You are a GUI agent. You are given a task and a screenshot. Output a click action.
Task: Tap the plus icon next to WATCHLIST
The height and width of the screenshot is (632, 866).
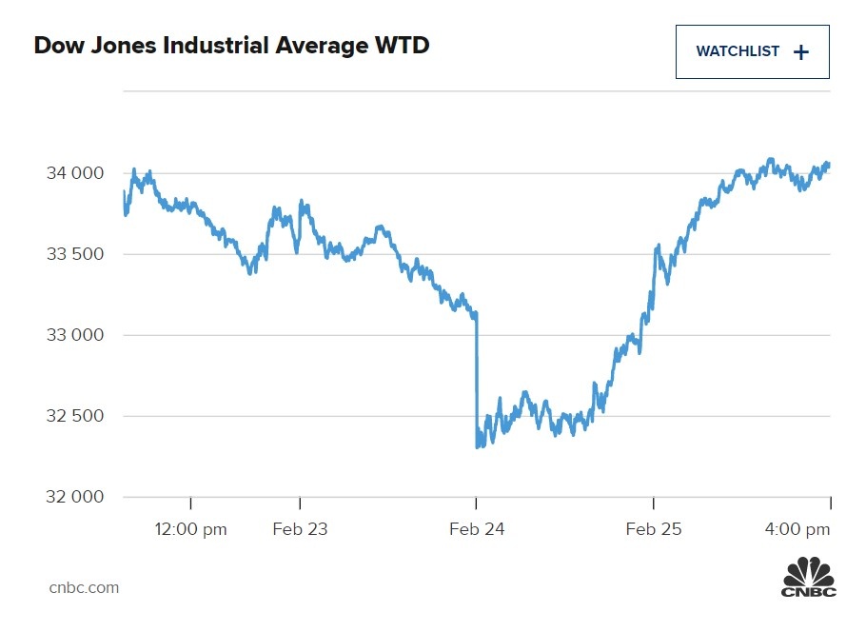(801, 52)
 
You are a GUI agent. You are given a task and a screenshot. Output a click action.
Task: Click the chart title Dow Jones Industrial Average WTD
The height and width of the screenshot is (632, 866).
(231, 45)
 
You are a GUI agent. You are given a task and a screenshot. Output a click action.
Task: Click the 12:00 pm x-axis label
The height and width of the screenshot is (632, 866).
(190, 529)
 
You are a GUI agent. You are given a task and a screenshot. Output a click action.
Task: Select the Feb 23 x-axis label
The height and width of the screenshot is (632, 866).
(300, 529)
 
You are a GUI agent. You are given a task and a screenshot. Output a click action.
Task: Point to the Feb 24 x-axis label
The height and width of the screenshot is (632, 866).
(477, 529)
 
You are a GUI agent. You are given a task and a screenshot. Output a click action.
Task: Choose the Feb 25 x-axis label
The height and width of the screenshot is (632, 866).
(654, 529)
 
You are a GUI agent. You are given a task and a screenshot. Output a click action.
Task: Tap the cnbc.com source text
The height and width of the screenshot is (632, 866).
(84, 587)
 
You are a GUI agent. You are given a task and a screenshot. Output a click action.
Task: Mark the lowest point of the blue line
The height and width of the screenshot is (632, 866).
(478, 446)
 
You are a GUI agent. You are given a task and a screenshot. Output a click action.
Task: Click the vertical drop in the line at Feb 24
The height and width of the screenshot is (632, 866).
(476, 381)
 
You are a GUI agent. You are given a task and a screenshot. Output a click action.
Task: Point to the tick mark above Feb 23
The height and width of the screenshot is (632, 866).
(300, 504)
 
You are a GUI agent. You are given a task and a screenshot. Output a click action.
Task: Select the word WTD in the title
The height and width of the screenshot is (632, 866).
(403, 45)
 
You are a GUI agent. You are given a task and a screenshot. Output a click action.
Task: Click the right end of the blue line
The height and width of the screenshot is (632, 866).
(828, 165)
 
